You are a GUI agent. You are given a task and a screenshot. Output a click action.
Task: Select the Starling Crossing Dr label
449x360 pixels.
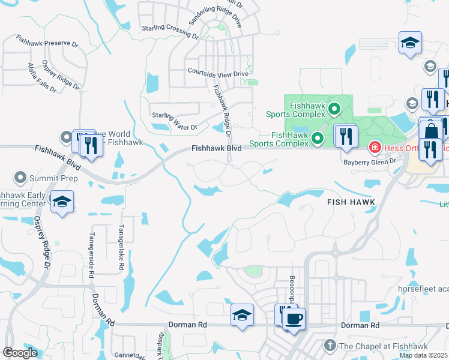[x=170, y=32]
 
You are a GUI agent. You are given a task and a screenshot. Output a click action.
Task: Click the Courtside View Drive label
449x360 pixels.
[x=218, y=74]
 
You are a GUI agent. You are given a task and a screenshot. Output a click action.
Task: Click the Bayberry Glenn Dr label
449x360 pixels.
[x=370, y=161]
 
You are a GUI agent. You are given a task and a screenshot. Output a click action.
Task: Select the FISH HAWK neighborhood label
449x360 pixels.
[x=351, y=202]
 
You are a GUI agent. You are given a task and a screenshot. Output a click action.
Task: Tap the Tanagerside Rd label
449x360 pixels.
[x=92, y=254]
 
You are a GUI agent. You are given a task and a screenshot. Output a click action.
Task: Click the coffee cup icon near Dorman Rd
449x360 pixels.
[x=294, y=318]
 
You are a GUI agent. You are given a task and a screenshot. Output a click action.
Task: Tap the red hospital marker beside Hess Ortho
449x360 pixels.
[x=374, y=147]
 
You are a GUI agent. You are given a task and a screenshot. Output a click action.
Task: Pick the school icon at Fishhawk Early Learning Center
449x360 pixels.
[x=62, y=201]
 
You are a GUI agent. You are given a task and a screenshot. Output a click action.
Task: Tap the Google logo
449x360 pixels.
[x=20, y=353]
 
